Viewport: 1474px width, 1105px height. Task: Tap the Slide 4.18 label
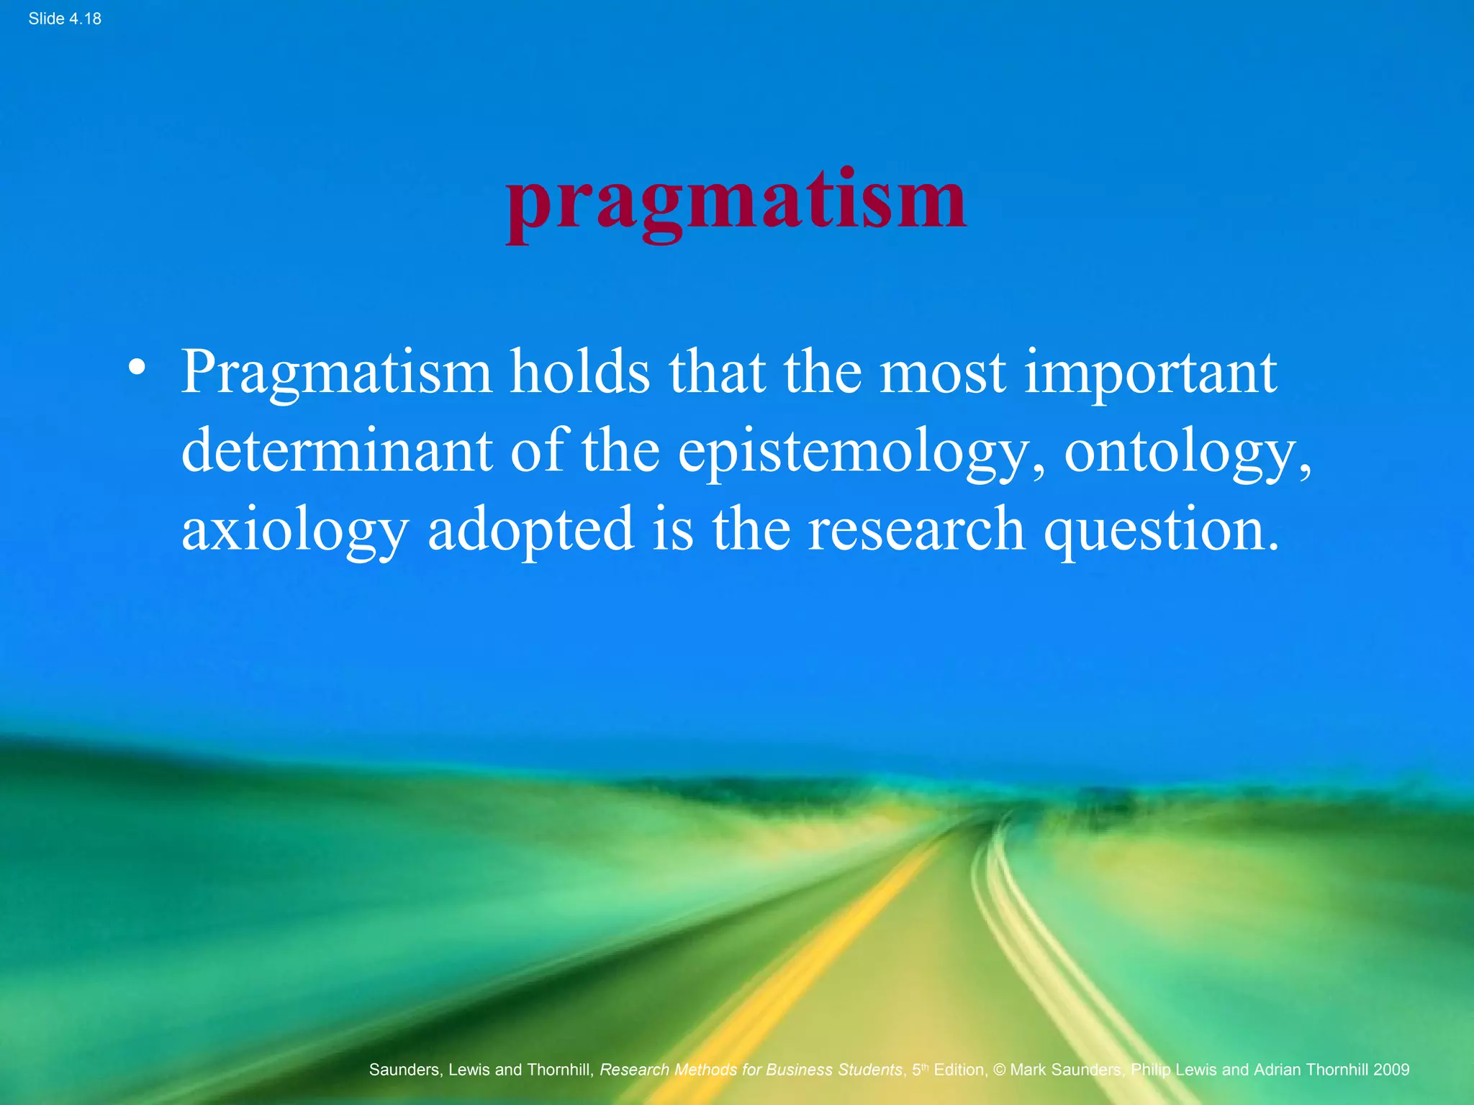(x=65, y=19)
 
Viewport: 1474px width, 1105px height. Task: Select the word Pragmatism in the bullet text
(x=335, y=373)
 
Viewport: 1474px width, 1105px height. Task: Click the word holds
(x=580, y=373)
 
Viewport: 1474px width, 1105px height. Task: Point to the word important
(x=1149, y=373)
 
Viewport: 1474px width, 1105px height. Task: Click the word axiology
(x=294, y=531)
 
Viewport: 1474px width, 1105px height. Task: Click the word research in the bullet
(x=915, y=529)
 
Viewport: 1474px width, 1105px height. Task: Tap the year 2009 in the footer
(x=1391, y=1070)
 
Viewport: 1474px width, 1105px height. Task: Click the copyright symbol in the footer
(x=999, y=1070)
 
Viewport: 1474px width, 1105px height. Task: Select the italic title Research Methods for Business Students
(x=750, y=1070)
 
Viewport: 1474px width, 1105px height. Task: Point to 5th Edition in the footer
(x=949, y=1070)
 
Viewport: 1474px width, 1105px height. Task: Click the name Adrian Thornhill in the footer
(x=1311, y=1070)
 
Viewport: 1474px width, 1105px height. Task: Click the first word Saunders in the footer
(x=404, y=1070)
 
